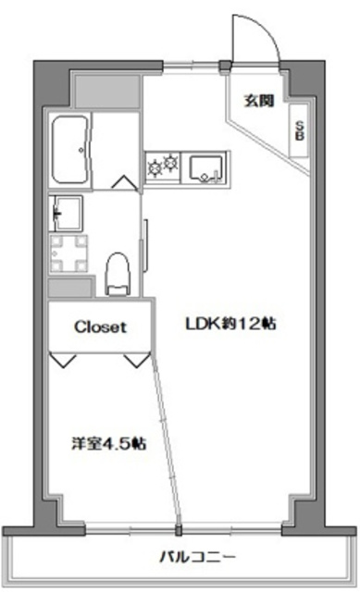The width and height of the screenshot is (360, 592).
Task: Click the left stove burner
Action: [154, 167]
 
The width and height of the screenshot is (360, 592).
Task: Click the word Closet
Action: [100, 327]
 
